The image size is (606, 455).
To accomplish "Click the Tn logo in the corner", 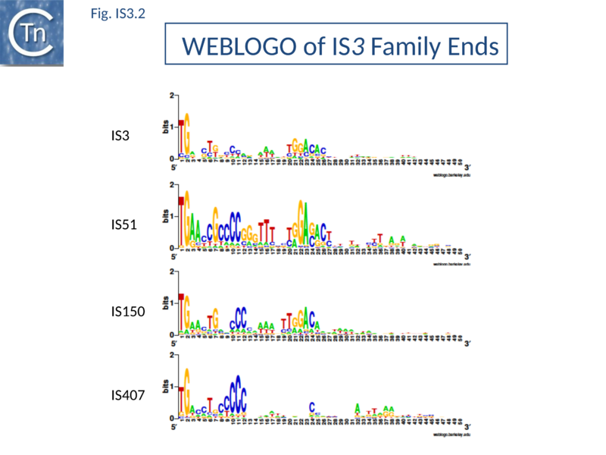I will [31, 33].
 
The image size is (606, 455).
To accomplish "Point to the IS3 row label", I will [120, 136].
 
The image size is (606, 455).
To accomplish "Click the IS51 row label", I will [123, 224].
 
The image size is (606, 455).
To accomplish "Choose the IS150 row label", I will [127, 311].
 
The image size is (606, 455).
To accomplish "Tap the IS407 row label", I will [127, 395].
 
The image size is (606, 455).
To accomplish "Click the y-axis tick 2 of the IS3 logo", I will [173, 95].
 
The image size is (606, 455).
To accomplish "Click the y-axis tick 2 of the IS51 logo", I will [173, 184].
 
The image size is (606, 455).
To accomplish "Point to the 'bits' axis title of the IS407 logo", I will [166, 386].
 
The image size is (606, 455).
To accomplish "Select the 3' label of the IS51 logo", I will [467, 256].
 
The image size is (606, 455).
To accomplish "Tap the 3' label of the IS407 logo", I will [467, 427].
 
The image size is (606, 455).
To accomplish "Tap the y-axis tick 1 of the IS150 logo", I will [173, 303].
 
